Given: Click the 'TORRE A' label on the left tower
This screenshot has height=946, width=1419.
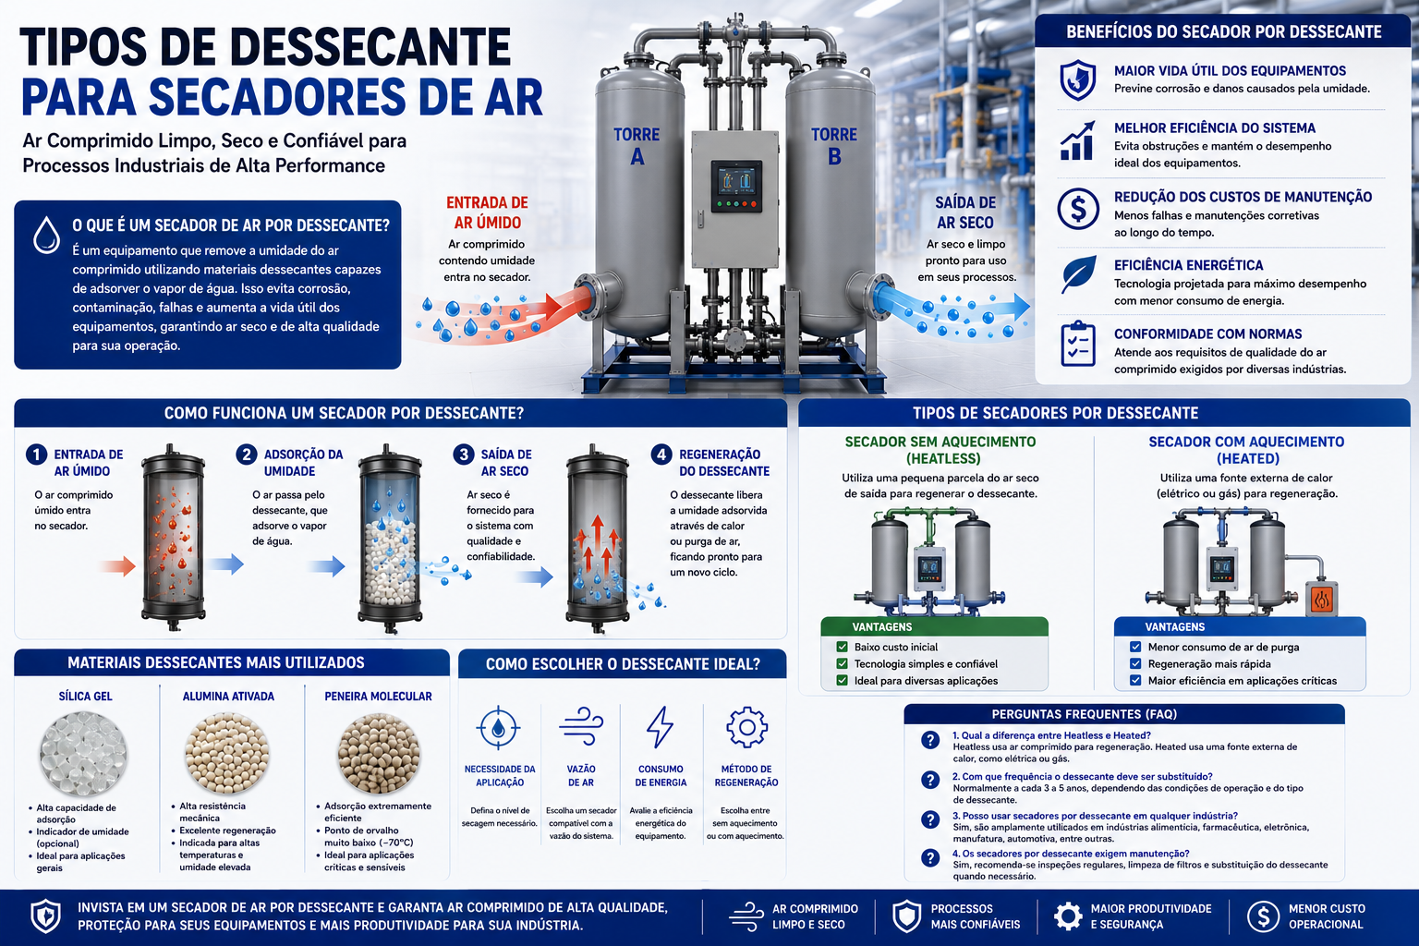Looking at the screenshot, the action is point(637,146).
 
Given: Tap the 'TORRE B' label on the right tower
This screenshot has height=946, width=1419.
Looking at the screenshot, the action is point(833,146).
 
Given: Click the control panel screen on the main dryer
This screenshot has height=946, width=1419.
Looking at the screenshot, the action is point(735,181).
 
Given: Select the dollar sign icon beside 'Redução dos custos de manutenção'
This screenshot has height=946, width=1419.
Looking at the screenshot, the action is point(1077,209).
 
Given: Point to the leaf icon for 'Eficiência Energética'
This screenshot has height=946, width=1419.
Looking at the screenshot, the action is point(1078,274).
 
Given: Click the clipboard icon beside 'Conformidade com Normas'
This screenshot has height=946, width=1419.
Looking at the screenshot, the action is point(1077,344).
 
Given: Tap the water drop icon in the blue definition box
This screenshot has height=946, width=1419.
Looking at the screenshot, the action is point(47,235).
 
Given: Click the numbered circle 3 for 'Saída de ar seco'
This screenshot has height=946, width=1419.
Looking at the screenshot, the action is point(463,455).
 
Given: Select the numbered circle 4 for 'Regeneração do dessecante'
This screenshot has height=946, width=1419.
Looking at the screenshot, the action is point(661,455).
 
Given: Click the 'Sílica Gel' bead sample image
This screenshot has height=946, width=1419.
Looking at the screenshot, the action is point(83,753).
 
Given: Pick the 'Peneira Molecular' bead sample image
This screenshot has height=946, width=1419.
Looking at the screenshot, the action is point(378,753).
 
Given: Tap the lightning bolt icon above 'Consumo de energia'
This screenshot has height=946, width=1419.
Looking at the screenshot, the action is point(660,727).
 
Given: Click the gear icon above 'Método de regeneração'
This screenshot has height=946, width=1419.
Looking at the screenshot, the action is point(746,727).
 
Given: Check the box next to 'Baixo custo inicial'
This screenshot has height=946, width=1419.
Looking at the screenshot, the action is point(842,647).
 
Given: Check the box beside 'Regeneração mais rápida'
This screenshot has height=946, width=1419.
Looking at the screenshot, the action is point(1135,664).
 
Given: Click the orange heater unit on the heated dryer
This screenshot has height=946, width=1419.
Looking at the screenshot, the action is point(1321,598).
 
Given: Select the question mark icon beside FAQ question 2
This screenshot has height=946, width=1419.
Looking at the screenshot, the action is point(930,780).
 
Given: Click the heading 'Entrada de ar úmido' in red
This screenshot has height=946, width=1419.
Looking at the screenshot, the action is point(487,212).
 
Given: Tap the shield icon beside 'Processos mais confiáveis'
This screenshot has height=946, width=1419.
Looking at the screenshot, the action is point(906,916).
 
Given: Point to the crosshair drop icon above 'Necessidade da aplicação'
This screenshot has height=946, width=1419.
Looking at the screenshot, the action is point(498,727).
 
